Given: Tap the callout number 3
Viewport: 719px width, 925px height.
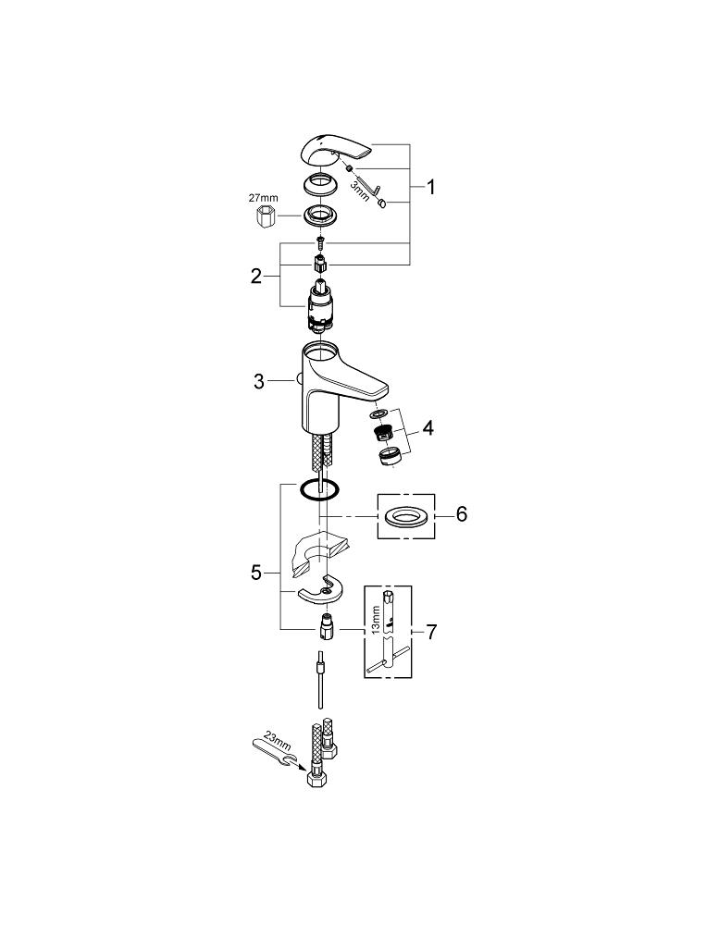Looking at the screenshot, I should click(260, 380).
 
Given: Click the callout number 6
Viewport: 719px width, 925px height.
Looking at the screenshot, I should click(460, 513).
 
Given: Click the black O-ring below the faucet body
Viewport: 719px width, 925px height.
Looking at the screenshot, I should click(319, 489).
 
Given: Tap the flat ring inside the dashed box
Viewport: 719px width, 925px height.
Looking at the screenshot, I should click(404, 515).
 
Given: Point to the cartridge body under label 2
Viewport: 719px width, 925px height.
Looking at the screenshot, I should click(319, 306).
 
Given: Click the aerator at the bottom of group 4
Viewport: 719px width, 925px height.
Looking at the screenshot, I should click(389, 453).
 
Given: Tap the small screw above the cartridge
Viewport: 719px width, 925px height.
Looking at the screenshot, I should click(319, 243).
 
